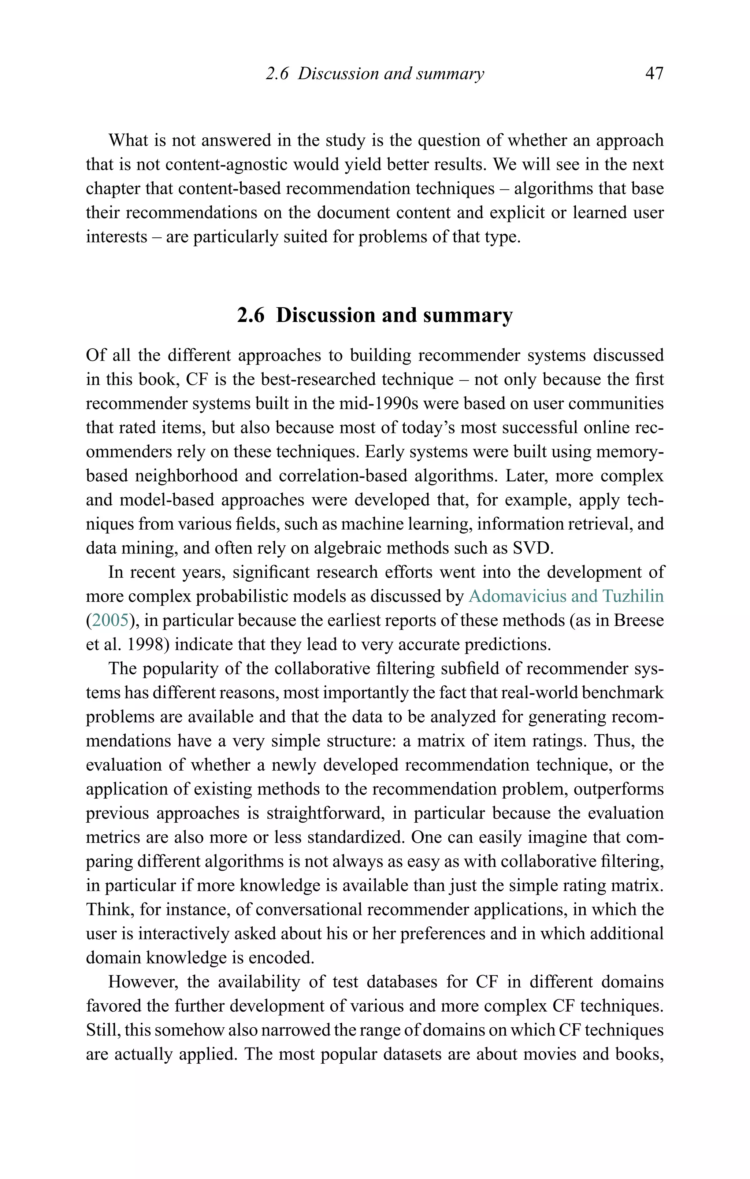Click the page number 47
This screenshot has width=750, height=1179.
click(x=654, y=74)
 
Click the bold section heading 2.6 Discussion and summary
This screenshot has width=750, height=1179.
click(x=375, y=315)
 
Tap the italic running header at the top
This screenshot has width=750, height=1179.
click(x=375, y=74)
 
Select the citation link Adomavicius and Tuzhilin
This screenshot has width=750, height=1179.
click(x=566, y=596)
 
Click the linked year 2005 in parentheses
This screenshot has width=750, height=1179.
click(x=111, y=620)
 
